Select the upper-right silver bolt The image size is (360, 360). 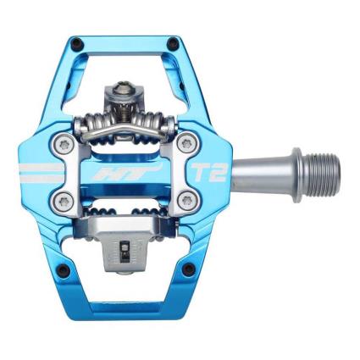pos(186,144)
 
